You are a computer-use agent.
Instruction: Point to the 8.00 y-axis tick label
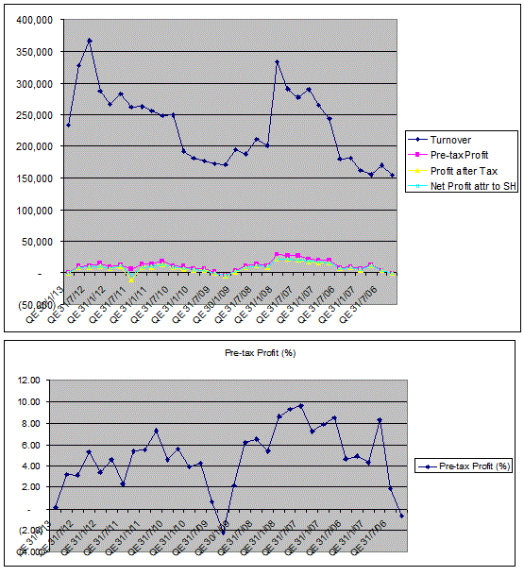pos(32,423)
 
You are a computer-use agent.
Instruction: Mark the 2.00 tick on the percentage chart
pos(32,487)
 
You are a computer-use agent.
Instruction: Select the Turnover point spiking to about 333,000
pos(278,62)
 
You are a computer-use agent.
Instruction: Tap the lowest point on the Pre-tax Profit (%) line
pos(224,535)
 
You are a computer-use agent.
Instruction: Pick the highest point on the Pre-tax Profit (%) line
pos(301,405)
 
